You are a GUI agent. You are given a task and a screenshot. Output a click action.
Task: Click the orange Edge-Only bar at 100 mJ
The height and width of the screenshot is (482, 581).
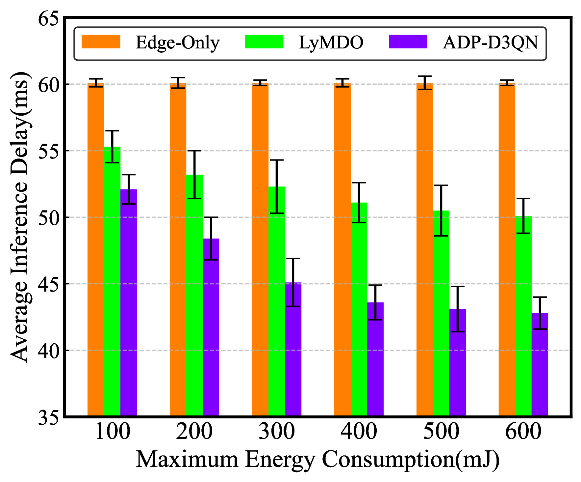pyautogui.click(x=96, y=250)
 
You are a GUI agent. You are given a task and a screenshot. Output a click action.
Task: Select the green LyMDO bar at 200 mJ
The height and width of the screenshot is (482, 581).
pyautogui.click(x=194, y=297)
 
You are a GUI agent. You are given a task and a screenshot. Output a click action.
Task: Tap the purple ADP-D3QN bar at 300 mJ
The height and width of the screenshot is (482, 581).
pyautogui.click(x=293, y=349)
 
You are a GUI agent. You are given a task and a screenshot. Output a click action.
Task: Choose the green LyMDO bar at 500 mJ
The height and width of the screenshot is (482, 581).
pyautogui.click(x=441, y=313)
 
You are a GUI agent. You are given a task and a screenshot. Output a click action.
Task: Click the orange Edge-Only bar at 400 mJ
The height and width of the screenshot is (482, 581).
pyautogui.click(x=342, y=250)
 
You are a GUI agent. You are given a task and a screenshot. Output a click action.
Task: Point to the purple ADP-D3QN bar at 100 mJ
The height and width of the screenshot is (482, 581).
pyautogui.click(x=129, y=303)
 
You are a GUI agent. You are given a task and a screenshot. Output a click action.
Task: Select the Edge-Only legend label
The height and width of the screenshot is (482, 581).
pyautogui.click(x=177, y=43)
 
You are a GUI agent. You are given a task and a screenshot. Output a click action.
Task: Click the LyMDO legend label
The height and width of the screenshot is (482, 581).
pyautogui.click(x=331, y=43)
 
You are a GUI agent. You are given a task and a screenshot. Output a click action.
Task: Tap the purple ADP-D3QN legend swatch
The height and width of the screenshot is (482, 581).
pyautogui.click(x=408, y=42)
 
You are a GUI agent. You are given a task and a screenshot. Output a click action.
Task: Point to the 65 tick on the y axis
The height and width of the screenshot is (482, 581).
pyautogui.click(x=49, y=18)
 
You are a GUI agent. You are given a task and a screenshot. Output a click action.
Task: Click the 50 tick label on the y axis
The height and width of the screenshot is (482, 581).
pyautogui.click(x=49, y=217)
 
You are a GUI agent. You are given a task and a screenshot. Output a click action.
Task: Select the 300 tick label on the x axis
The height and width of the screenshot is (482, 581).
pyautogui.click(x=277, y=432)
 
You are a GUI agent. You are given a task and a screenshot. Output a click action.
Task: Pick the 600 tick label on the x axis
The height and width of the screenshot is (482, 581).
pyautogui.click(x=523, y=432)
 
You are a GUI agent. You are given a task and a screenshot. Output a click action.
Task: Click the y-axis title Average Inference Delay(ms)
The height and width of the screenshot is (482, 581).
pyautogui.click(x=20, y=217)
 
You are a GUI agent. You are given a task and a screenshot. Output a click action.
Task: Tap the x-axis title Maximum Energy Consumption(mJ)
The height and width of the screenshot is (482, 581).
pyautogui.click(x=317, y=460)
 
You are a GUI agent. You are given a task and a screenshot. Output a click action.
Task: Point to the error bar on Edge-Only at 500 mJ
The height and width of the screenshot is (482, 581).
pyautogui.click(x=425, y=82)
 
